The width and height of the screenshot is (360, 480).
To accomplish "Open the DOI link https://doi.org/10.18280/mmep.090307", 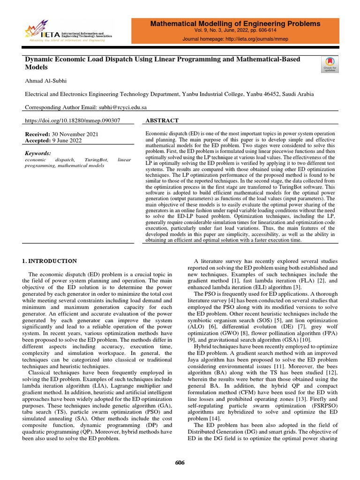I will pyautogui.click(x=72, y=121).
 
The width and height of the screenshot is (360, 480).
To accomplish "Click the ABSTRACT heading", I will pyautogui.click(x=163, y=121).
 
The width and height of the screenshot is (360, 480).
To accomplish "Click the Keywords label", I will pyautogui.click(x=37, y=153).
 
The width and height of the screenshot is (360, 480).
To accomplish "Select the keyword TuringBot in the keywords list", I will pyautogui.click(x=96, y=160).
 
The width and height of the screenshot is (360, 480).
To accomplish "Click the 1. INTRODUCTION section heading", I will pyautogui.click(x=50, y=261).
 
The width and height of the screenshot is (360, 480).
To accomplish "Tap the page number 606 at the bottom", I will pyautogui.click(x=180, y=463).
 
